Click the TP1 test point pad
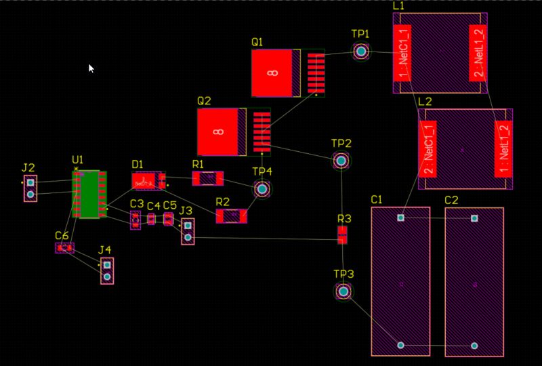click(x=361, y=51)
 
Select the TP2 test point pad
click(x=341, y=161)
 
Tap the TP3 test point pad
click(x=343, y=291)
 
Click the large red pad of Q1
click(x=272, y=73)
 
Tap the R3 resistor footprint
click(x=343, y=235)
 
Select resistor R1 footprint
click(x=207, y=178)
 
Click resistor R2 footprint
click(x=232, y=216)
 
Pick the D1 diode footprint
click(x=148, y=181)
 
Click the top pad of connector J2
click(x=30, y=182)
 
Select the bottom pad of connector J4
click(x=107, y=277)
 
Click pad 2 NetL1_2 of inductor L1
click(x=478, y=53)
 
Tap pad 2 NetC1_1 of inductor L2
click(x=429, y=149)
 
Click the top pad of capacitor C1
click(x=401, y=218)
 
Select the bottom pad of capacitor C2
click(x=474, y=346)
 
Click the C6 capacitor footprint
click(x=64, y=248)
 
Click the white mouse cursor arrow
click(x=91, y=68)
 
